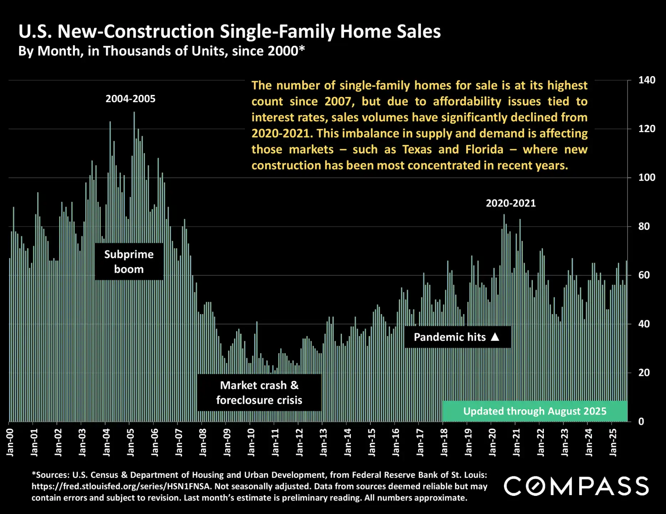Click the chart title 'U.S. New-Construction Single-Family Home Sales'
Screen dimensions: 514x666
[229, 31]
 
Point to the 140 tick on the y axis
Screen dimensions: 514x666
[646, 80]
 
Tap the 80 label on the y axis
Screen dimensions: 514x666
[644, 226]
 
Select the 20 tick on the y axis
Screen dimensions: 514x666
[644, 372]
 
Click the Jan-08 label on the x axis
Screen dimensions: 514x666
[203, 442]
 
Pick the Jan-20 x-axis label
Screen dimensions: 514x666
[492, 442]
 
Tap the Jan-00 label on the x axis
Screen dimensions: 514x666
[10, 442]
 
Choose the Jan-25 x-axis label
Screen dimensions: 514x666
[613, 442]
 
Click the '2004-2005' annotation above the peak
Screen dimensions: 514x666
[130, 99]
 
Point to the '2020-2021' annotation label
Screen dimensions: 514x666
[510, 203]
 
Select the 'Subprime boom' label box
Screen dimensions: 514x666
[129, 261]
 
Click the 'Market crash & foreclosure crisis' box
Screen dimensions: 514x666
[259, 392]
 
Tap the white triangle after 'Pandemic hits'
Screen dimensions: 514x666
[495, 337]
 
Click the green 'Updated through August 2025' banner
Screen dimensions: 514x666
[534, 411]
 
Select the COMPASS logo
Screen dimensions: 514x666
[576, 486]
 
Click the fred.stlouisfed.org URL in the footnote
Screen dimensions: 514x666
[121, 486]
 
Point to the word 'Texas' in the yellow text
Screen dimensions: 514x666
[417, 149]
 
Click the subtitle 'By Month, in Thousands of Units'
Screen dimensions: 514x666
[161, 51]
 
